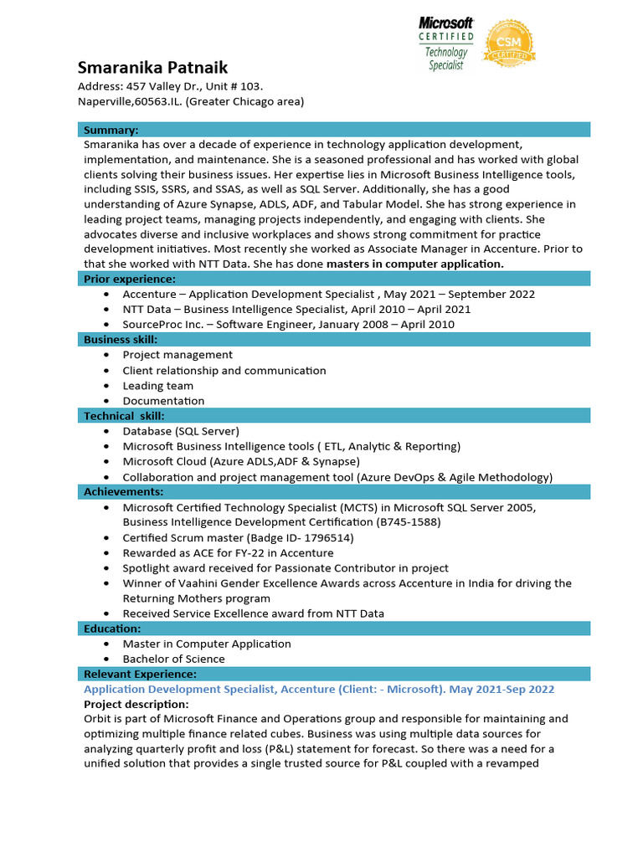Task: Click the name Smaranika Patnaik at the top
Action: tap(152, 67)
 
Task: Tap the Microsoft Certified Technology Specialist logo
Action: tap(446, 44)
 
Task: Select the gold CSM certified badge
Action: tap(509, 44)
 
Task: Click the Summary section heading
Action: tap(111, 130)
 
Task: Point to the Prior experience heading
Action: tap(129, 279)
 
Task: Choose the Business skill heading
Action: tap(120, 339)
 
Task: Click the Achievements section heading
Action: tap(123, 491)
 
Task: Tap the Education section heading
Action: tap(112, 629)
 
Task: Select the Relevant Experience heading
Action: tap(140, 674)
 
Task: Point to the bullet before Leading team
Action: tap(106, 386)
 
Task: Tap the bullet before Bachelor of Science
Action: tap(106, 659)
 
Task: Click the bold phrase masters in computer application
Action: tap(415, 264)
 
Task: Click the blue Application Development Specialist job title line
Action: tap(319, 690)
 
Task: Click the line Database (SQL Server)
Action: tap(181, 431)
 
